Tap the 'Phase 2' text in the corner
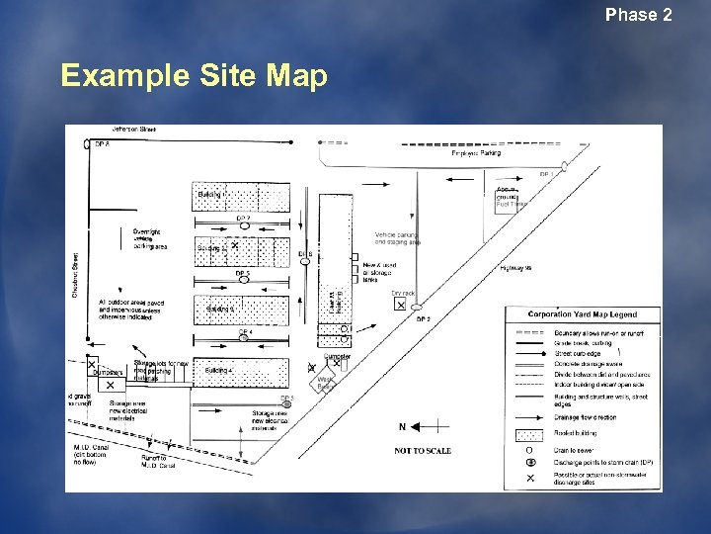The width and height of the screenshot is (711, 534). tap(638, 15)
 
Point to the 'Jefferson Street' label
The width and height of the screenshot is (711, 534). tap(133, 129)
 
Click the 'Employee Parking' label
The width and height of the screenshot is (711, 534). tap(476, 153)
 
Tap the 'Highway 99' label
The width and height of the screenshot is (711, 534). tap(516, 267)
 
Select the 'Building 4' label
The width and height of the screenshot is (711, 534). tap(217, 370)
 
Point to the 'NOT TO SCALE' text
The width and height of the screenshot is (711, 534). tap(423, 451)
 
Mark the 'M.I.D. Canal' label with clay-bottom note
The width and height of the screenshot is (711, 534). tap(92, 451)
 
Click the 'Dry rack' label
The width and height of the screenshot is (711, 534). tap(402, 293)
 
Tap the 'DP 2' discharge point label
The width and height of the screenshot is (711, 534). tap(422, 319)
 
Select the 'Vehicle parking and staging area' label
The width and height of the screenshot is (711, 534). tap(398, 237)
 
